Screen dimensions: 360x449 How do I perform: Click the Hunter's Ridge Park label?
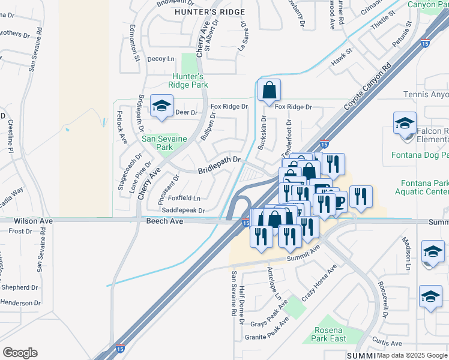[188, 80]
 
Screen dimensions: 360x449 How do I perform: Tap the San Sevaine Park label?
[164, 142]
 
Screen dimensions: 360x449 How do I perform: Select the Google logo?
[20, 353]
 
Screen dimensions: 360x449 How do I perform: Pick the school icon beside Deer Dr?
[161, 106]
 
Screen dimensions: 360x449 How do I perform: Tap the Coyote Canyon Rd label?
[368, 86]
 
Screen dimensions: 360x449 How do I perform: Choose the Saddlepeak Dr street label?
[183, 211]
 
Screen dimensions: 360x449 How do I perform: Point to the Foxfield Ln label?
[184, 197]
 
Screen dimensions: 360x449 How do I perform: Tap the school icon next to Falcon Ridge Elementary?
[405, 124]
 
